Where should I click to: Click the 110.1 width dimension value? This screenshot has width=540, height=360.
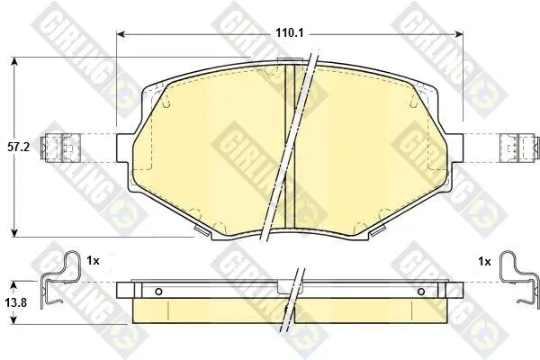coord(289,33)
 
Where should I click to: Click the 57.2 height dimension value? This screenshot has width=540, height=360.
coord(19,147)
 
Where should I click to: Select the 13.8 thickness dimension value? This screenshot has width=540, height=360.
coord(16,303)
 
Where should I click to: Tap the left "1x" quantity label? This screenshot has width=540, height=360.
coord(93,261)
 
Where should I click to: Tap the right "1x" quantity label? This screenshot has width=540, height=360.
coord(485,262)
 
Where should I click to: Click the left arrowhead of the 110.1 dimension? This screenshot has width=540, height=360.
coord(121,34)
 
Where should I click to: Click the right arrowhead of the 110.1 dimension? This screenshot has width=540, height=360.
coord(459,34)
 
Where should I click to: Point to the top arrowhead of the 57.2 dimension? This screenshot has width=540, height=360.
coord(14,61)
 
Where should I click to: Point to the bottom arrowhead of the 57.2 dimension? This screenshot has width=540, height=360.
coord(14,233)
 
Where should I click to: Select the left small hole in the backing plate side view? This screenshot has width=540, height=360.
coord(158,292)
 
